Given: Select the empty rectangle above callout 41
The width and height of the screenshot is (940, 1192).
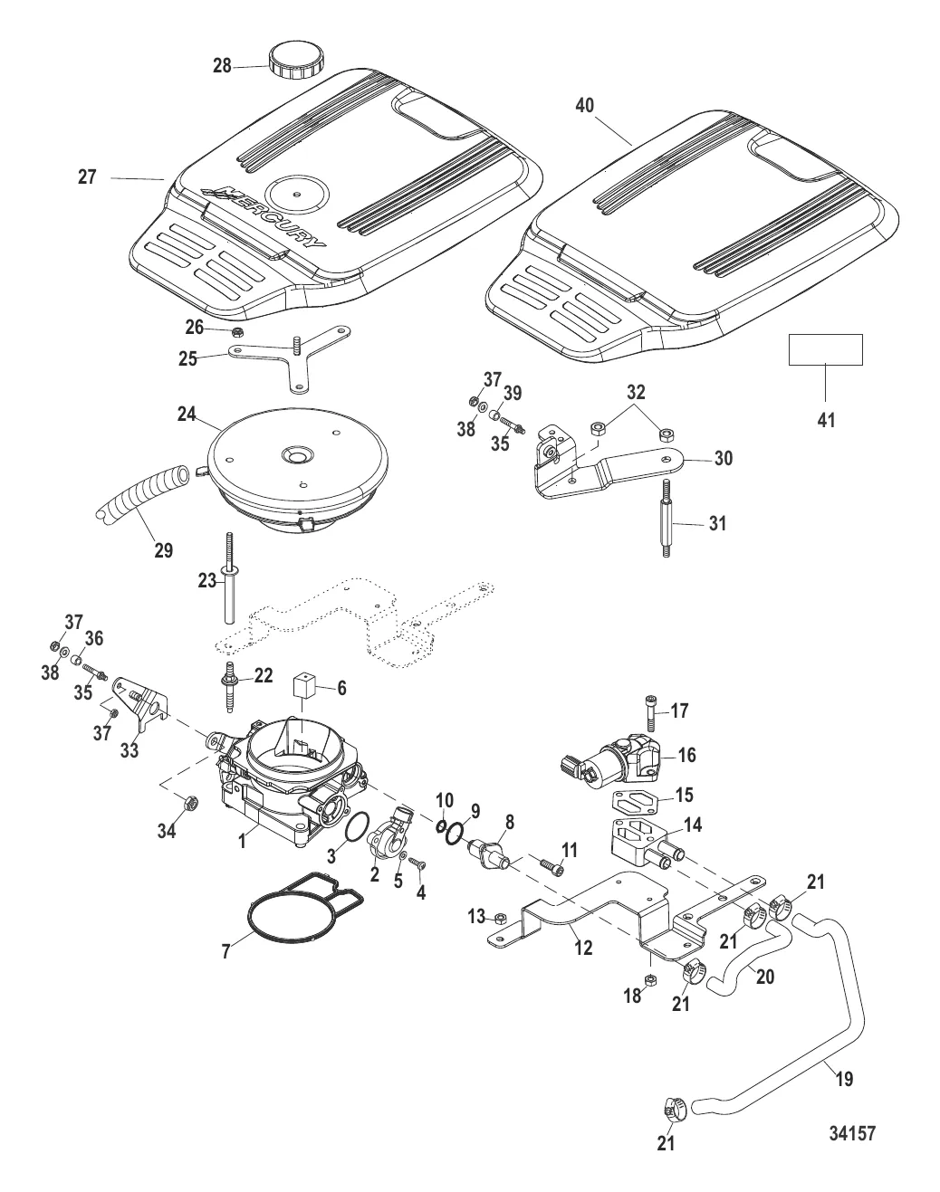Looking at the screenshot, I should [x=825, y=349].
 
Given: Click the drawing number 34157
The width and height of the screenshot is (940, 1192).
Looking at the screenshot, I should [x=851, y=1132].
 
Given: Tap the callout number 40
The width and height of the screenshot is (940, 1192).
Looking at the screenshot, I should [x=585, y=106].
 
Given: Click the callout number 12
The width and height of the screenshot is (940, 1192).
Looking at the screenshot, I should [x=583, y=948].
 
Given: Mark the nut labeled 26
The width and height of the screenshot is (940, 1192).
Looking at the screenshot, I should [x=234, y=330].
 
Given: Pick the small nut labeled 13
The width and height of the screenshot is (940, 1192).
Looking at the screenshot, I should [x=499, y=919].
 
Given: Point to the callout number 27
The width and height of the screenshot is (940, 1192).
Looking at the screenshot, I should [x=87, y=177].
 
